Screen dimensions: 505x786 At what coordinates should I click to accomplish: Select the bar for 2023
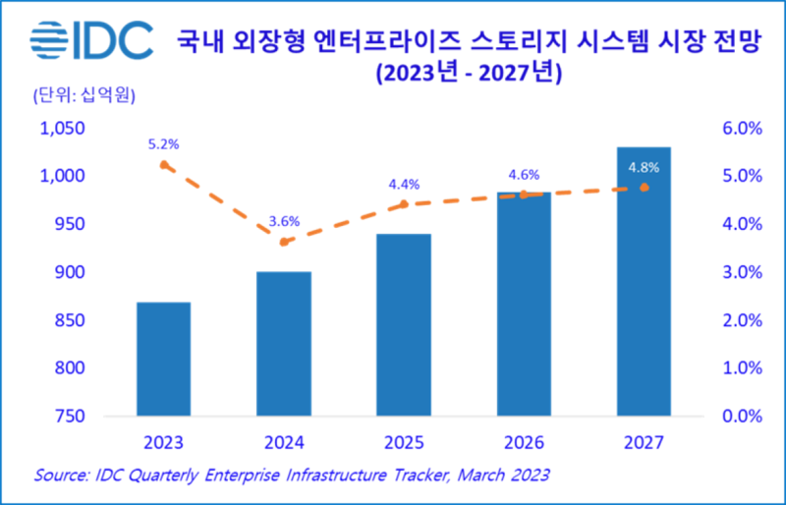[x=163, y=359]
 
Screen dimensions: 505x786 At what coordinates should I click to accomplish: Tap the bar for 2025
[x=403, y=324]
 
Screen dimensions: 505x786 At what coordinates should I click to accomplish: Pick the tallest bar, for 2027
[x=644, y=281]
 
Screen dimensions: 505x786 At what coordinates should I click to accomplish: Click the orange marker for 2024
[x=284, y=242]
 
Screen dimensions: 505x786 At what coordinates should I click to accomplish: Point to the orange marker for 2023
[x=163, y=165]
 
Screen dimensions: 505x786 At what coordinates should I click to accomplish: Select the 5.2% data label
[x=163, y=143]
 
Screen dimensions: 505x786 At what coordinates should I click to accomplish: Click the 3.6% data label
[x=284, y=220]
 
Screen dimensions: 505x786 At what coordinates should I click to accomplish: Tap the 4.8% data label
[x=644, y=166]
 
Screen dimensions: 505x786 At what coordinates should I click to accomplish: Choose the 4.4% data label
[x=404, y=184]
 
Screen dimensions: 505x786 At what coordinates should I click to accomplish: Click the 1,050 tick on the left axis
[x=62, y=128]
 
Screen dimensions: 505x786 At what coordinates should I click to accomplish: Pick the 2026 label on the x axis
[x=524, y=443]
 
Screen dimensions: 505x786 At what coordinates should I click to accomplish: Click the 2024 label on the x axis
[x=284, y=443]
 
